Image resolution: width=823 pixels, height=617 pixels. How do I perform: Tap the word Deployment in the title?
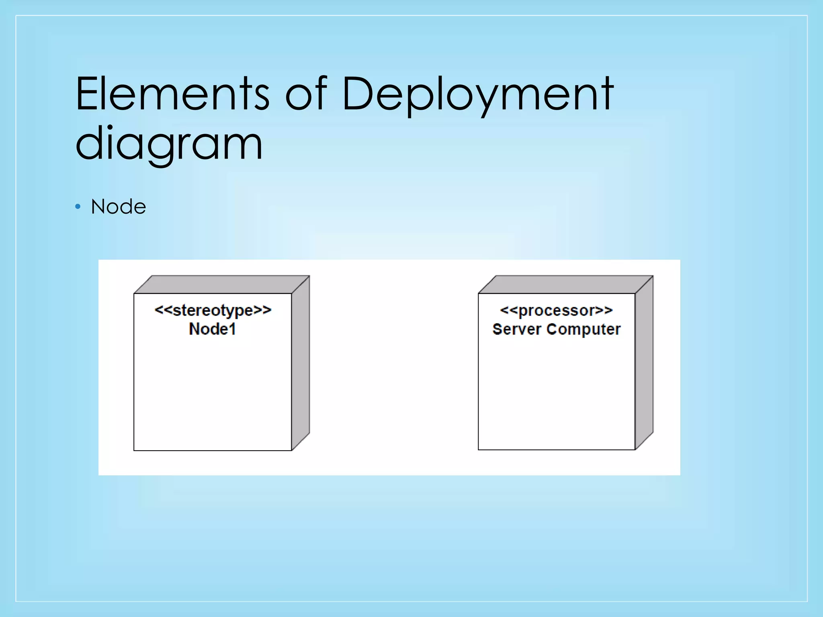477,94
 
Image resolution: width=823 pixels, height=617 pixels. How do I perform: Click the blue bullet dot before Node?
78,207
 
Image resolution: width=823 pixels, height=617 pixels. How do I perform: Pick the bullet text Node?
119,207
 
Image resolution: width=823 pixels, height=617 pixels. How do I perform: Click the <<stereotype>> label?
213,311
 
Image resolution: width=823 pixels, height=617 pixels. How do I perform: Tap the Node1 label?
213,329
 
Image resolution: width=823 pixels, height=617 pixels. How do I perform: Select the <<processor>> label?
557,311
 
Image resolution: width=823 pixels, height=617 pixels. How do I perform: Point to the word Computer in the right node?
583,329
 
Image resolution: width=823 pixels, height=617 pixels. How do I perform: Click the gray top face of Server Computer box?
566,284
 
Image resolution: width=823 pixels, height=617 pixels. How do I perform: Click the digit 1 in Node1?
232,329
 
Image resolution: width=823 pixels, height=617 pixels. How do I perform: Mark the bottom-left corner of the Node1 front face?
134,450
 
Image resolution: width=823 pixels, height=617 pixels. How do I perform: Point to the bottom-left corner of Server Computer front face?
479,449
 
